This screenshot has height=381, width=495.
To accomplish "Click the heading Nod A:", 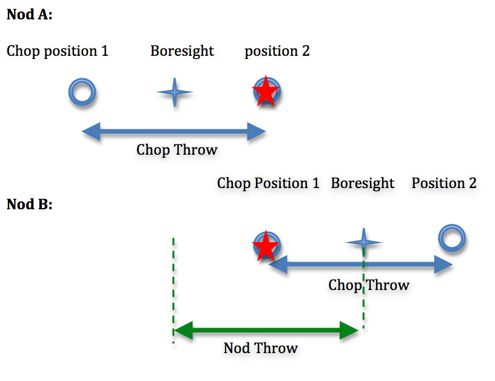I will pyautogui.click(x=29, y=15).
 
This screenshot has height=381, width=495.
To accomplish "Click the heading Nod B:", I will pyautogui.click(x=29, y=204).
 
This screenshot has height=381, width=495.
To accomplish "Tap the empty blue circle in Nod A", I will pyautogui.click(x=81, y=93).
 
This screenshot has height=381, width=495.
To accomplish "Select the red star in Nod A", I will pyautogui.click(x=266, y=93).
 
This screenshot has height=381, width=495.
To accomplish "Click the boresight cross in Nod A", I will pyautogui.click(x=175, y=93).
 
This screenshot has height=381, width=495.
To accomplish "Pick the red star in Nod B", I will pyautogui.click(x=266, y=246).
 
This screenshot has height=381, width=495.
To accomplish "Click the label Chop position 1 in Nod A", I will pyautogui.click(x=58, y=51).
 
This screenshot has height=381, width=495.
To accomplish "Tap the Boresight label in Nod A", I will pyautogui.click(x=182, y=51).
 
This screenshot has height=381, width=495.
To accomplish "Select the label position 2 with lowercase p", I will pyautogui.click(x=277, y=51).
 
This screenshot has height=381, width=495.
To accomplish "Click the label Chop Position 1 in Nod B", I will pyautogui.click(x=268, y=183).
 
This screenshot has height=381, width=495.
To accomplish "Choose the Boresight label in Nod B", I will pyautogui.click(x=363, y=183).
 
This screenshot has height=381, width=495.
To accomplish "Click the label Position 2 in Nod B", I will pyautogui.click(x=444, y=183).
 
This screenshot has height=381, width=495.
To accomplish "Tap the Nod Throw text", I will pyautogui.click(x=261, y=348).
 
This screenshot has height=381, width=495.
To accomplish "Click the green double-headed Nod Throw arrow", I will pyautogui.click(x=267, y=331).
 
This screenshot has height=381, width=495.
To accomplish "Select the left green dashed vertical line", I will pyautogui.click(x=173, y=291).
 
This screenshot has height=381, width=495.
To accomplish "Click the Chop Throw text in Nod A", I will pyautogui.click(x=177, y=150).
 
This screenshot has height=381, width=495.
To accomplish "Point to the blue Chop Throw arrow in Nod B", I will pyautogui.click(x=315, y=265).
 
